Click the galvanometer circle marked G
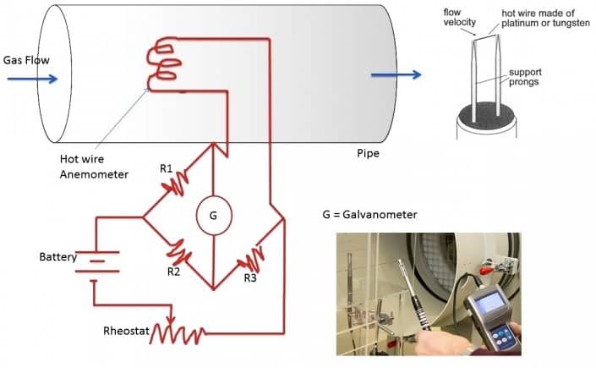(213, 217)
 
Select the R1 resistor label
(167, 168)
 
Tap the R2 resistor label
(172, 272)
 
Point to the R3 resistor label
(250, 277)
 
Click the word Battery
(58, 256)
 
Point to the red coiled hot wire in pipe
(166, 66)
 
